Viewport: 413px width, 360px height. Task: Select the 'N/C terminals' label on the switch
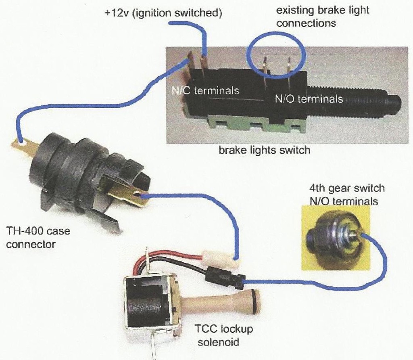pyautogui.click(x=205, y=90)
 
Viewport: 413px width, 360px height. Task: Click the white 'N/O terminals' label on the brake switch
pyautogui.click(x=309, y=98)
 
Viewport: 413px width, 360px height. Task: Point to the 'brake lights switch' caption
pyautogui.click(x=264, y=151)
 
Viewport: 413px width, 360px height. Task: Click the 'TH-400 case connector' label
pyautogui.click(x=38, y=237)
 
